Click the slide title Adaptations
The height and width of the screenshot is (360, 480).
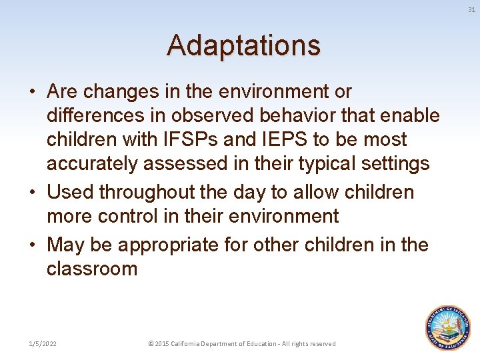243,45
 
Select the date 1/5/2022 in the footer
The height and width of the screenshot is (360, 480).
42,343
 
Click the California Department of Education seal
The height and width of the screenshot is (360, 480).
448,328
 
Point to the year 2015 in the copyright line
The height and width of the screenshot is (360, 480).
162,343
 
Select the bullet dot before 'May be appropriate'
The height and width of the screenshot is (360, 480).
33,245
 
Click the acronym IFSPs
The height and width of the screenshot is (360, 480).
182,140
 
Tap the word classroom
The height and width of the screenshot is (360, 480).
92,269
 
